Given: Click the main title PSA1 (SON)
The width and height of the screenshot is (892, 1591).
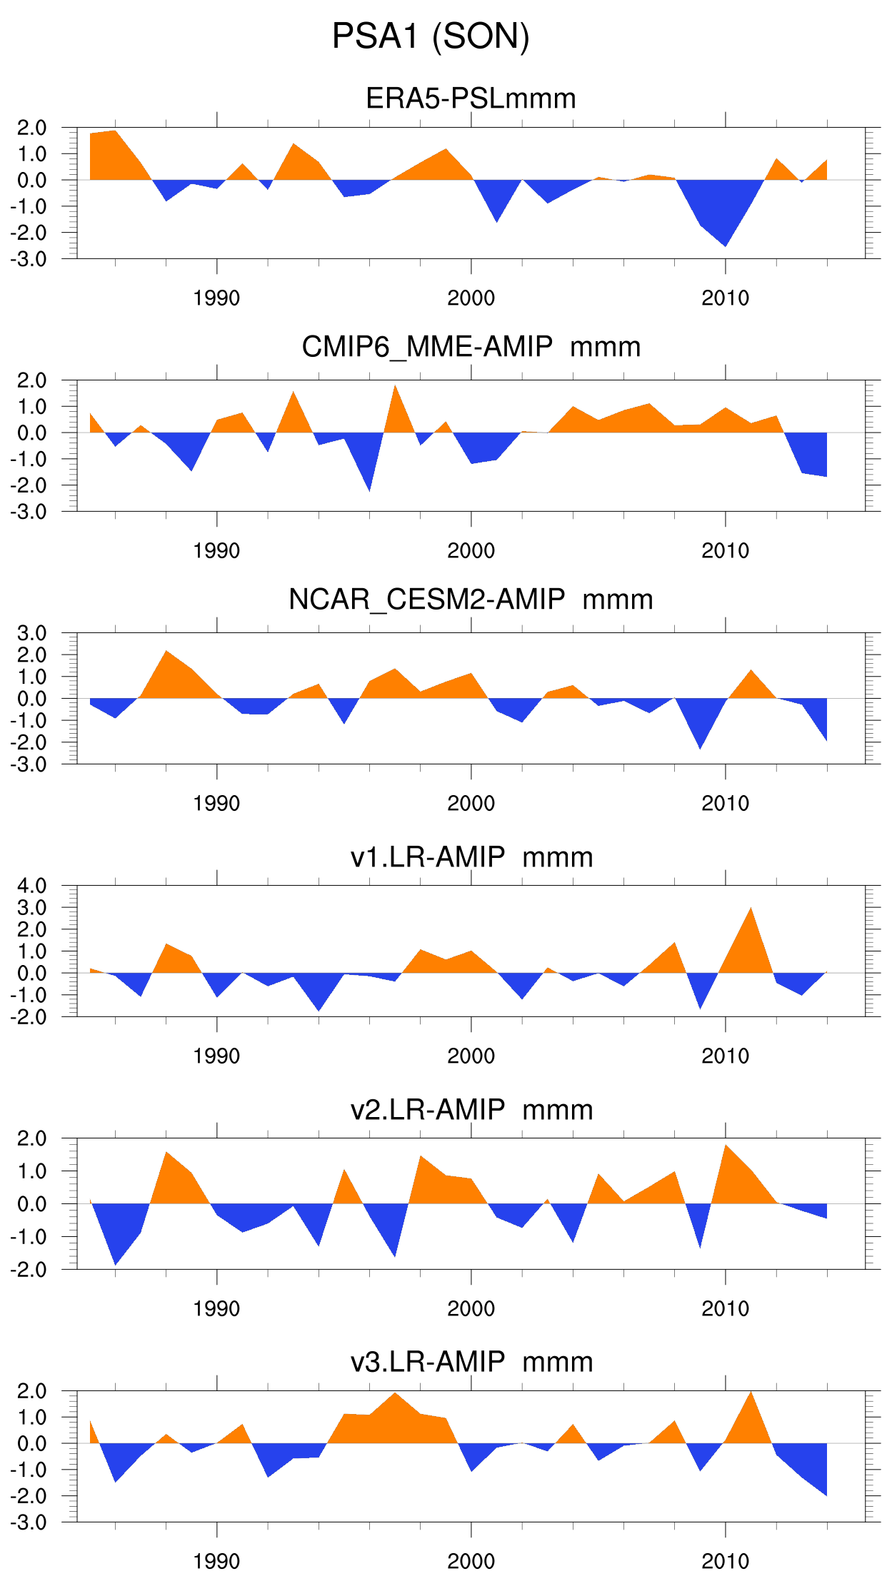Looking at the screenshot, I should pos(431,36).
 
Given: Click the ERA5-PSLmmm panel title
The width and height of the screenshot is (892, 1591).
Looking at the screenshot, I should pos(471,99).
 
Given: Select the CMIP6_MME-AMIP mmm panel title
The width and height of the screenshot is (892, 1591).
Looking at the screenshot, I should pos(471,347).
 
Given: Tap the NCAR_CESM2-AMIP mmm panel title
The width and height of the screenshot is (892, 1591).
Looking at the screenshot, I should pos(471,600).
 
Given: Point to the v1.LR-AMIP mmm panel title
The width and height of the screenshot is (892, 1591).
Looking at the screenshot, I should pos(471,857).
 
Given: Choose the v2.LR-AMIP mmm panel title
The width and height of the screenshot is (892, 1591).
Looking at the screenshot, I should pos(471,1109).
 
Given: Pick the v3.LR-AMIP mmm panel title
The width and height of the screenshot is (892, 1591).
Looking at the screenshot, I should pos(471,1361).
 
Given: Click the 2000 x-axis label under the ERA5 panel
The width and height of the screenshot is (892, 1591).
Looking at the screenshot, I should pos(471,298).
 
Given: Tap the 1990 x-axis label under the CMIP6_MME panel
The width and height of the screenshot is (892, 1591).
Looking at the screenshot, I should pos(216,550).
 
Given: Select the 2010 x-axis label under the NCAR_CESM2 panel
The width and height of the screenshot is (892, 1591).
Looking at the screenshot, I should pos(725,803).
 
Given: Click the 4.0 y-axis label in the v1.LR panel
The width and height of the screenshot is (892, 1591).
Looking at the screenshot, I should pos(32,886).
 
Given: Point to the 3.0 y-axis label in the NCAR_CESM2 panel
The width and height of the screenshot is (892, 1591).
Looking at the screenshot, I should pos(32,633).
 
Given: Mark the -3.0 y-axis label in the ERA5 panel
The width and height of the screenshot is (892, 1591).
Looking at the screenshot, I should pos(29,259).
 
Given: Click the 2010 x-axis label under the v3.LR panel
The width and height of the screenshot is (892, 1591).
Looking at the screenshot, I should pos(725,1561).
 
